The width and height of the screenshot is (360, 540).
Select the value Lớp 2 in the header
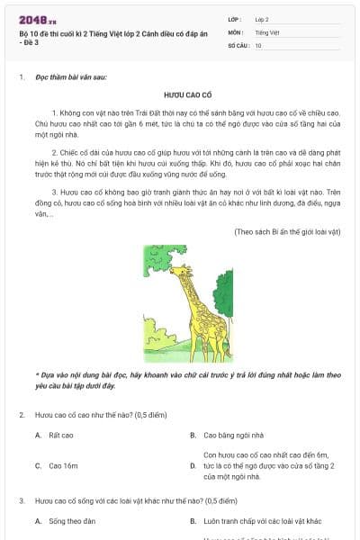point(262,19)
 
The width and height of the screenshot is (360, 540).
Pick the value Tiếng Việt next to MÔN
point(265,31)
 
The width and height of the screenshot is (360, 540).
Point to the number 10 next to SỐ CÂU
point(258,45)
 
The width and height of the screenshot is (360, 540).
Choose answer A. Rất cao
point(60,435)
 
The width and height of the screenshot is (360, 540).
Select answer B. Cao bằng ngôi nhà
point(238,435)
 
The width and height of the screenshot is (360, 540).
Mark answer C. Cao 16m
point(63,466)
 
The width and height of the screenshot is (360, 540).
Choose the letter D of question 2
point(193,466)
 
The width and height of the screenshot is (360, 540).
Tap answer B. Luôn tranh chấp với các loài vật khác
point(262,521)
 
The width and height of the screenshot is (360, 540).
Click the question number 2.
point(21,414)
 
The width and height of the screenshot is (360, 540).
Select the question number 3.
point(21,500)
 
